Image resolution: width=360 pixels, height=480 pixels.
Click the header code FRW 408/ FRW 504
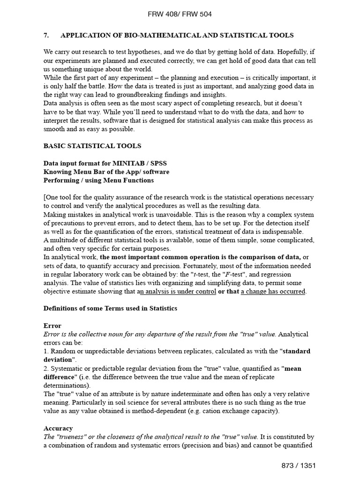pos(180,14)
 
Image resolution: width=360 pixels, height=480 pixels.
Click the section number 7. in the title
pos(46,35)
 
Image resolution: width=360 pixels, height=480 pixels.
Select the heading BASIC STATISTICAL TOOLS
pos(92,146)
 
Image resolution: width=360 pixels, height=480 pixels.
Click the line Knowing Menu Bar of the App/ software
pos(106,172)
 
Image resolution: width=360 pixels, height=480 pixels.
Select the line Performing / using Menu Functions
pos(98,180)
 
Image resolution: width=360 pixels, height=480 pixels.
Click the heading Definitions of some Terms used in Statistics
pos(110,308)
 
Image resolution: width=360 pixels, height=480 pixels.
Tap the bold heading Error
pos(52,326)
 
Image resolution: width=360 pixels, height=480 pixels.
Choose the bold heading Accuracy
pos(58,428)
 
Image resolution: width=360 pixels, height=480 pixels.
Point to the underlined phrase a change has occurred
pos(273,292)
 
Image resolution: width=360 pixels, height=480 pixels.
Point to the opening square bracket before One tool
pos(45,197)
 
